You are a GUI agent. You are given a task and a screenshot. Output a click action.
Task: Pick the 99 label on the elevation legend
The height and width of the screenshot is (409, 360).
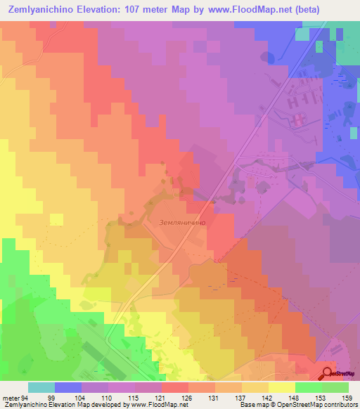point(51,397)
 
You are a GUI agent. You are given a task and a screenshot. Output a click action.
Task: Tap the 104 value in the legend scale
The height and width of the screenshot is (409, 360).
point(78,397)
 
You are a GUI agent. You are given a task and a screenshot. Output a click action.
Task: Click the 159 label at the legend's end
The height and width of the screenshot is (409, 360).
point(345,397)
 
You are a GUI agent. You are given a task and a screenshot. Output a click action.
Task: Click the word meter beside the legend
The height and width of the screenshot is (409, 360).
point(10,397)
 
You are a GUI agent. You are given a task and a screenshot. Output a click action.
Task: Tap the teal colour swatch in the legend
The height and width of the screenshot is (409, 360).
point(41,387)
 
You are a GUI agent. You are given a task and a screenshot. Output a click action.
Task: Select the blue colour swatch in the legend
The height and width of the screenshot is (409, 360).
point(68,387)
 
